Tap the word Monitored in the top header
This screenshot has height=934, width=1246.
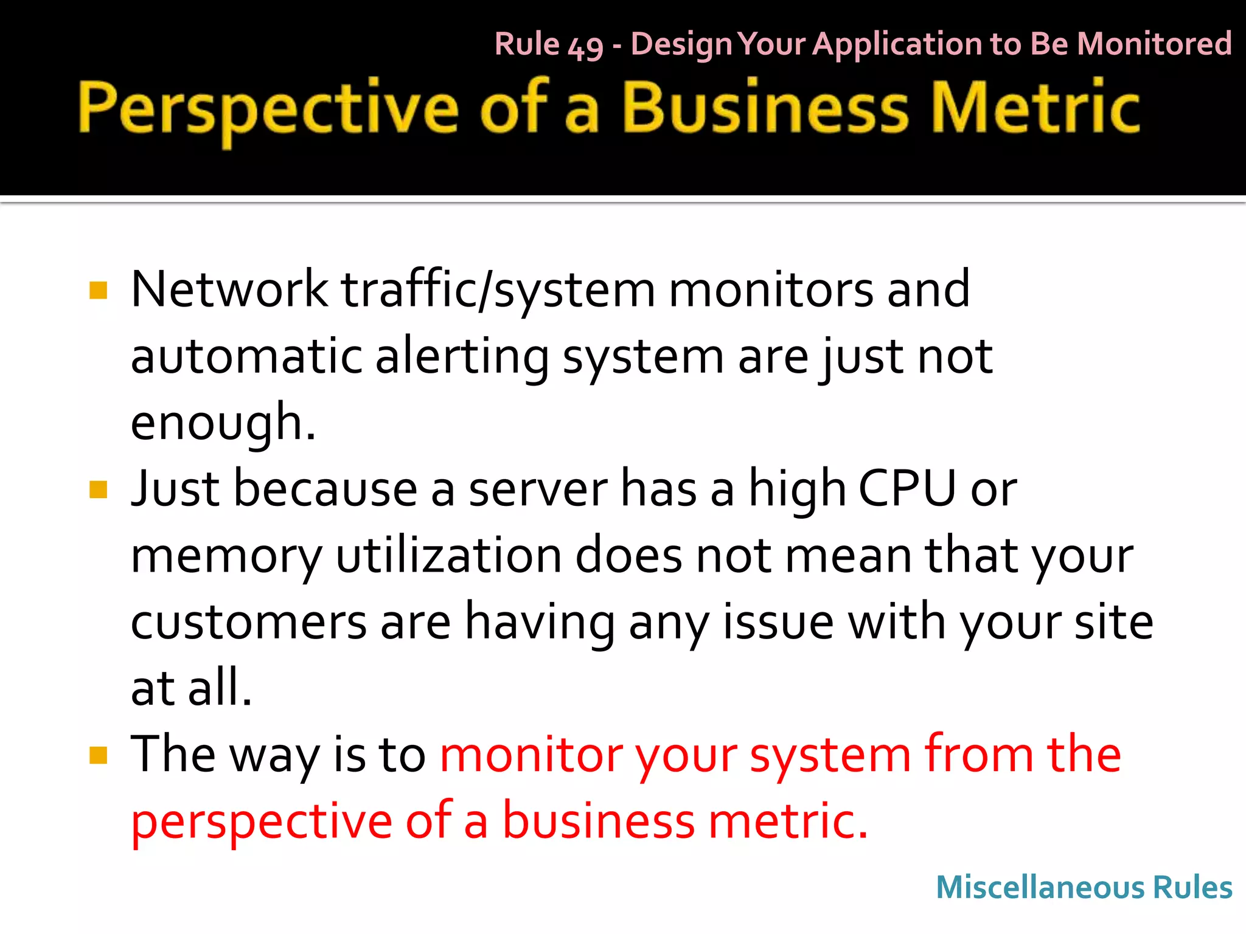(1154, 44)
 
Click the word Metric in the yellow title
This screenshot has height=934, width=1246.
(1035, 108)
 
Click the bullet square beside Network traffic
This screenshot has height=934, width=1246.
(98, 290)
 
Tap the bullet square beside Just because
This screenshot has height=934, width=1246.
(98, 489)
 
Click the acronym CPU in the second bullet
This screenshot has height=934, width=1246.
(907, 489)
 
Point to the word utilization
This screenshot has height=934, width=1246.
(448, 555)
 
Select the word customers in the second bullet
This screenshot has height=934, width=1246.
(248, 622)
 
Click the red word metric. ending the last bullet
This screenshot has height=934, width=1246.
(788, 821)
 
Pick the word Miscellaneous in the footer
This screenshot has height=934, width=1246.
(1039, 887)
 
